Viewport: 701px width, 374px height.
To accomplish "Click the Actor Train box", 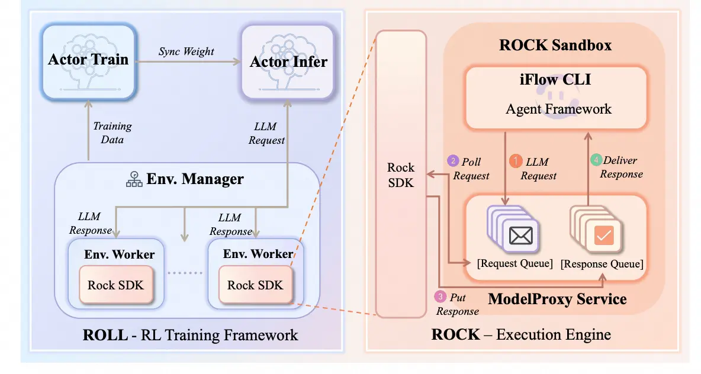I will point(89,61).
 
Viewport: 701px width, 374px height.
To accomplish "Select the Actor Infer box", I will point(288,62).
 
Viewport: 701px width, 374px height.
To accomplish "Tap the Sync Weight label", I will point(186,51).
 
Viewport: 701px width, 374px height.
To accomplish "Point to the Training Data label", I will point(112,133).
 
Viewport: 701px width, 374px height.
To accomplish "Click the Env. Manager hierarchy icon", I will point(134,179).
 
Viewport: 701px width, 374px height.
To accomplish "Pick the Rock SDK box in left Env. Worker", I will point(115,285).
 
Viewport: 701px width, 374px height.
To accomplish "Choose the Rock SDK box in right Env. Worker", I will point(255,285).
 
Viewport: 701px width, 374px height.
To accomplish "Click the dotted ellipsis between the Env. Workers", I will point(185,273).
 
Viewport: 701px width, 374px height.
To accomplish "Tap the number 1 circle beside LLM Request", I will point(516,161).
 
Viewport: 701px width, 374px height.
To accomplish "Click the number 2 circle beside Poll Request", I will point(454,161).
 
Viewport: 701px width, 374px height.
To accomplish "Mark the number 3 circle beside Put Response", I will point(440,297).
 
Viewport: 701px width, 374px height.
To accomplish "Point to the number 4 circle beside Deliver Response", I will point(596,160).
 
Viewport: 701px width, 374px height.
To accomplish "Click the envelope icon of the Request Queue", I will point(521,236).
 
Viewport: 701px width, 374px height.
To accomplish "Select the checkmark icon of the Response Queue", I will point(604,236).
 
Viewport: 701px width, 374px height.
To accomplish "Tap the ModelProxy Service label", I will point(557,298).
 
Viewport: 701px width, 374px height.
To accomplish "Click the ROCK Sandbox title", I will point(555,45).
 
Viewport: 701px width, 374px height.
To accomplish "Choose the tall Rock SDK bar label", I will point(401,175).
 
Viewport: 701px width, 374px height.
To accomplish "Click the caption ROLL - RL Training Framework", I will point(190,336).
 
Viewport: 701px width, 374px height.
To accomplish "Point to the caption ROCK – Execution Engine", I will point(521,334).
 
